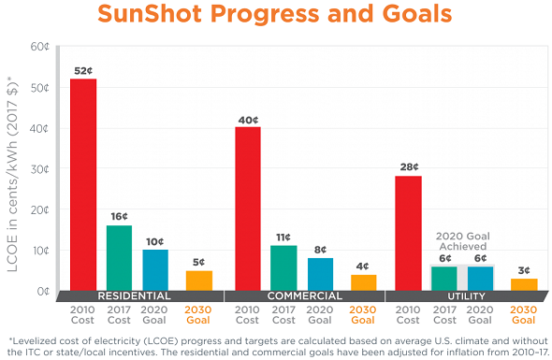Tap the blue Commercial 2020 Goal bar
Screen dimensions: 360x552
click(320, 274)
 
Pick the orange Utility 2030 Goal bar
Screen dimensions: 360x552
click(524, 284)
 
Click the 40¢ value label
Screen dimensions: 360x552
click(247, 118)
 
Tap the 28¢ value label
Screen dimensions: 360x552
click(409, 166)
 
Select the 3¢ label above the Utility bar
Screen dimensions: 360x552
click(524, 270)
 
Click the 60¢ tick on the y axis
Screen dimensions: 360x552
click(39, 47)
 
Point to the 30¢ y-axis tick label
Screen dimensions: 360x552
click(39, 169)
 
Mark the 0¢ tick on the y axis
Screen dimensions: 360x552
click(42, 292)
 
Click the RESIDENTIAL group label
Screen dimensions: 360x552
click(139, 296)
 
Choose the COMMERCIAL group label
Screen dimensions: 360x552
click(303, 296)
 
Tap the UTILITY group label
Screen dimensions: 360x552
click(465, 296)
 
